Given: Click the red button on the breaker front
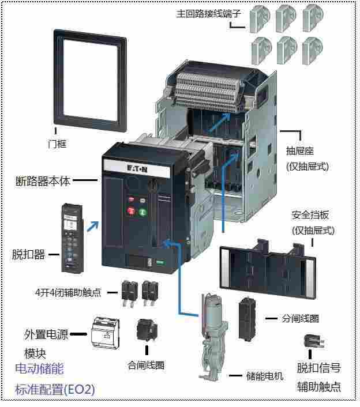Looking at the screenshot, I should pos(131,212).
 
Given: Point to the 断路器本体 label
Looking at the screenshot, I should pos(43,180).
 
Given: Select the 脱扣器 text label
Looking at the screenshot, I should pos(28,254).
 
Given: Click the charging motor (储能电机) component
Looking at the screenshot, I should pos(211,334).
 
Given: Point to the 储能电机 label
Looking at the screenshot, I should pos(265,376).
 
